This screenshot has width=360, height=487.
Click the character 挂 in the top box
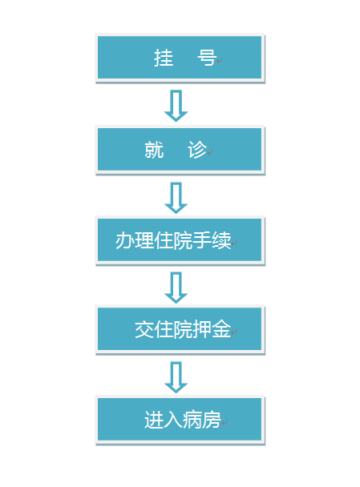pyautogui.click(x=164, y=58)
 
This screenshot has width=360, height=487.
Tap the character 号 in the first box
pyautogui.click(x=207, y=58)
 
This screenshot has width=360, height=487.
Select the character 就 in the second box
pyautogui.click(x=154, y=150)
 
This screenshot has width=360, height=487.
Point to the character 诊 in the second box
pyautogui.click(x=197, y=150)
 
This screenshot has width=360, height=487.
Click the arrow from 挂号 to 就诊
pyautogui.click(x=176, y=106)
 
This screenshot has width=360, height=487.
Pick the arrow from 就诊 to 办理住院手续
pyautogui.click(x=176, y=198)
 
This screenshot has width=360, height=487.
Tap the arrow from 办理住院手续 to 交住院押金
pyautogui.click(x=176, y=288)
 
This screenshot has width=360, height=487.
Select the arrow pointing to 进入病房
pyautogui.click(x=176, y=377)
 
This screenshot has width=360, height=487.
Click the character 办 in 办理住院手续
pyautogui.click(x=125, y=240)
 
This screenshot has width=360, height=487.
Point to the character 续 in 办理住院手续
pyautogui.click(x=221, y=240)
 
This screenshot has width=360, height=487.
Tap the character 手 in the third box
pyautogui.click(x=202, y=240)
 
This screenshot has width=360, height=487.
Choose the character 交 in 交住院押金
pyautogui.click(x=144, y=329)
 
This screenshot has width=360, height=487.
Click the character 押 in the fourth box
pyautogui.click(x=202, y=329)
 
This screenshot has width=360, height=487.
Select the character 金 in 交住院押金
pyautogui.click(x=221, y=329)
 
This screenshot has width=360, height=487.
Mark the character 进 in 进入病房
pyautogui.click(x=154, y=420)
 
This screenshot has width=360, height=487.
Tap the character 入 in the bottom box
pyautogui.click(x=173, y=420)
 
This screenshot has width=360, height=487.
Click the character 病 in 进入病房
pyautogui.click(x=192, y=420)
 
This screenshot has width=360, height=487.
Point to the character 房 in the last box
pyautogui.click(x=212, y=420)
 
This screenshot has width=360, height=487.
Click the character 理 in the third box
pyautogui.click(x=144, y=240)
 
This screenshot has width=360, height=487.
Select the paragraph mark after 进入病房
pyautogui.click(x=224, y=423)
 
